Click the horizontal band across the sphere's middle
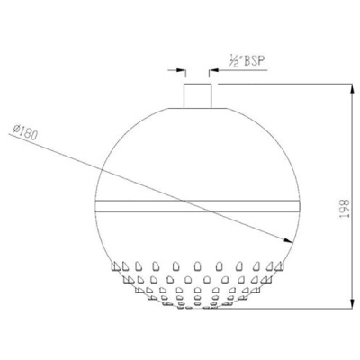(x=197, y=204)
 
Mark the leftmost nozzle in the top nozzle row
(x=117, y=266)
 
